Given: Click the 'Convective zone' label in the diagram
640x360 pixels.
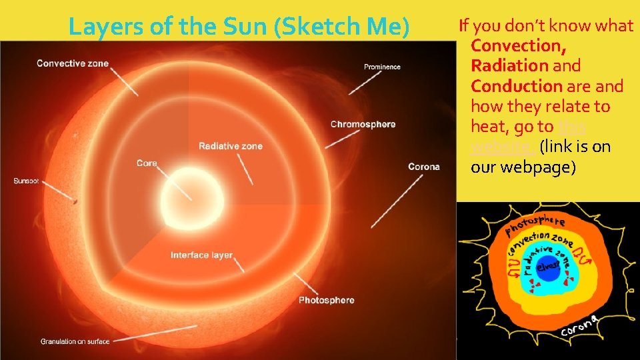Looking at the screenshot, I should tap(72, 64).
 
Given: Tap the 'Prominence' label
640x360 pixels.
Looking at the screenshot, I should tap(382, 67).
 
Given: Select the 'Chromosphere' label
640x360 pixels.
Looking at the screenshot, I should tap(363, 124).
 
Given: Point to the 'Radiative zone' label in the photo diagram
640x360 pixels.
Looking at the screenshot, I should tap(231, 146).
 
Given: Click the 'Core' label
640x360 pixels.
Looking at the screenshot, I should tap(147, 163).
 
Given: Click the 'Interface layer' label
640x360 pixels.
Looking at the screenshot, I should tap(201, 255).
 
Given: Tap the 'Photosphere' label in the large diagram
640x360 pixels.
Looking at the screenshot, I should tap(326, 301).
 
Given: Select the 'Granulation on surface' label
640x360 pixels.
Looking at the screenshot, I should tap(75, 341).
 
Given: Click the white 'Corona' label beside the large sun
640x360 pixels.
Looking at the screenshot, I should tap(423, 167).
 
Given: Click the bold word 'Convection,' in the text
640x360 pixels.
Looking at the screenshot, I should tap(519, 46).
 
